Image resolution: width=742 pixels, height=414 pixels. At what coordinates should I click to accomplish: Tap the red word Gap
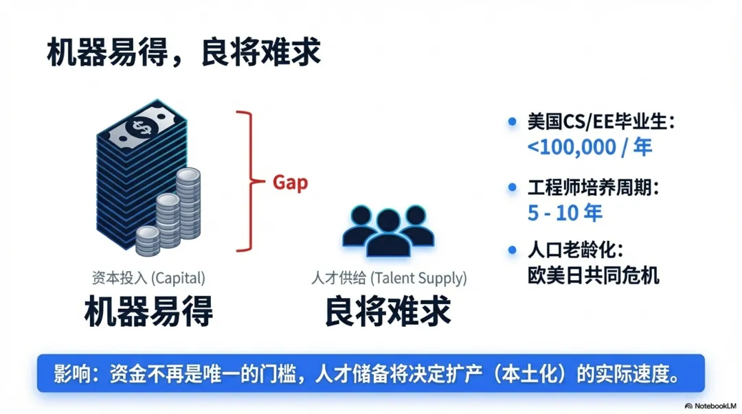[x=290, y=183]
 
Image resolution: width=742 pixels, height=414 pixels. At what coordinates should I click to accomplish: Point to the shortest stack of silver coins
[x=147, y=241]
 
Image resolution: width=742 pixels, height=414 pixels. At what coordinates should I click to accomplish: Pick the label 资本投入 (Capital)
[x=148, y=278]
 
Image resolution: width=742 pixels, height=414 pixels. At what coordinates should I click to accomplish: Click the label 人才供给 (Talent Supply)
[x=388, y=278]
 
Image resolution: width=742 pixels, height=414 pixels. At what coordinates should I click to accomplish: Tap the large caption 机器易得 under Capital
[x=148, y=312]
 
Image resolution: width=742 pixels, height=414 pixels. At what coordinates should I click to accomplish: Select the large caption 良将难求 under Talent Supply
[x=388, y=312]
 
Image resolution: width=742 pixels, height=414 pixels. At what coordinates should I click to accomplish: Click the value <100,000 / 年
[x=589, y=146]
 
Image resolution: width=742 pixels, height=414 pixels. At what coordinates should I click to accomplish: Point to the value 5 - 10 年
[x=565, y=212]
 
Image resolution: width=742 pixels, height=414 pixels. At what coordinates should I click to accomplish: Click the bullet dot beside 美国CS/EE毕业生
[x=512, y=122]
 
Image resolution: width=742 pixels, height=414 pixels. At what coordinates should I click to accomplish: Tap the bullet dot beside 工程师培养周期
[x=512, y=187]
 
